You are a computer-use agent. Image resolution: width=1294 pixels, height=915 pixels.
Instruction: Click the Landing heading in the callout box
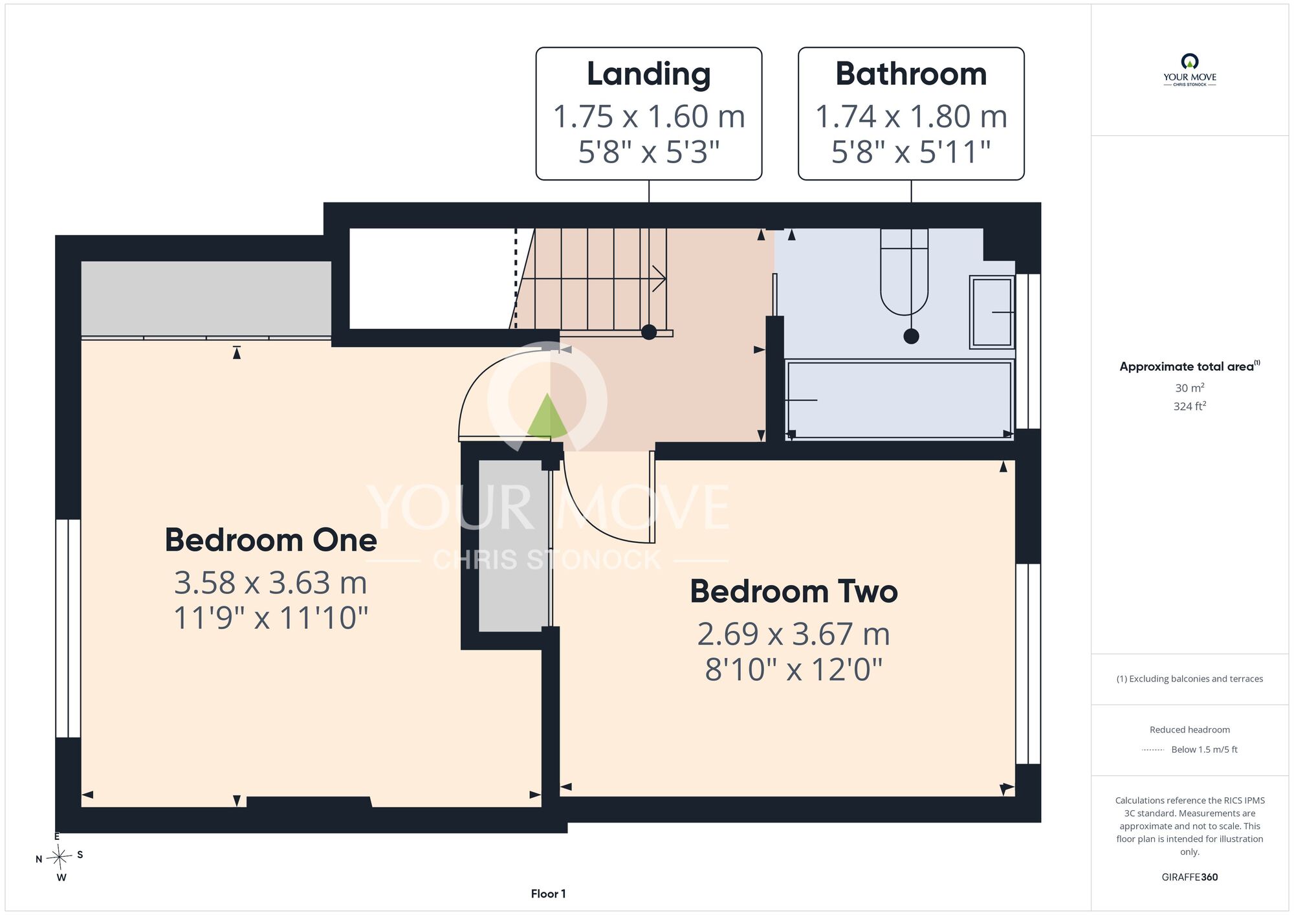(648, 74)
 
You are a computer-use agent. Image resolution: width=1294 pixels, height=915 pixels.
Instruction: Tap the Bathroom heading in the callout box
(911, 74)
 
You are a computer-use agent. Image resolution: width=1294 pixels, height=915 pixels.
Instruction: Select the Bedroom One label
(270, 540)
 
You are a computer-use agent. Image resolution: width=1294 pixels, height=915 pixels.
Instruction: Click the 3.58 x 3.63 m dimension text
(270, 582)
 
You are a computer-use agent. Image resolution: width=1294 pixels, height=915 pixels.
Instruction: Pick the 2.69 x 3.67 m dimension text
(794, 634)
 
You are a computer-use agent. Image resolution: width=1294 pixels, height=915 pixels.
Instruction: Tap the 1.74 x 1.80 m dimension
(911, 116)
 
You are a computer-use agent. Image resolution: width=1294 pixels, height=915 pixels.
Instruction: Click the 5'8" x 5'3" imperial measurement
(648, 152)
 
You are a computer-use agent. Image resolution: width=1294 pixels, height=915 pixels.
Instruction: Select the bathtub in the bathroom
(899, 400)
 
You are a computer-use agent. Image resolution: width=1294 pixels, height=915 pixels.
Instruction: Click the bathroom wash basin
(992, 312)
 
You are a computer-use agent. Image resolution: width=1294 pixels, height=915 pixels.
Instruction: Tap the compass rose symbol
(60, 858)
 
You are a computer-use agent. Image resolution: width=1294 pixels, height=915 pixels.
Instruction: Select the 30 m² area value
(1189, 388)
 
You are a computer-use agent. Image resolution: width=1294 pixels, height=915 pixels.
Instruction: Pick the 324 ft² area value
(1189, 406)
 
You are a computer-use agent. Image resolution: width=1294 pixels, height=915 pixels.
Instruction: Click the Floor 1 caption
(548, 894)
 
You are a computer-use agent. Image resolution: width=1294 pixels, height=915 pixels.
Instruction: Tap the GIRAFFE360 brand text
(1189, 877)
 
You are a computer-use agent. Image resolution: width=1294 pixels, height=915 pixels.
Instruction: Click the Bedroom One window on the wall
(68, 628)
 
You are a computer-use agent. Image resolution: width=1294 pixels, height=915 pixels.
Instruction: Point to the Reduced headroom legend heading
(1189, 730)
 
